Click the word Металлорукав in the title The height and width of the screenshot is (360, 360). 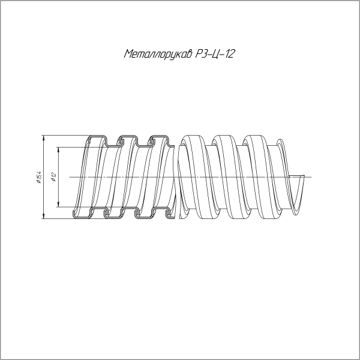pos(158,54)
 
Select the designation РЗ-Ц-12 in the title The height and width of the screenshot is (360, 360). pos(215,54)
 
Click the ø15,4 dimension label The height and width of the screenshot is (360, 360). pos(38,177)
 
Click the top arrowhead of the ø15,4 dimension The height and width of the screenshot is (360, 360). pos(44,138)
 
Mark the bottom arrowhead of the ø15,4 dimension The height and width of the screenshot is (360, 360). pos(44,216)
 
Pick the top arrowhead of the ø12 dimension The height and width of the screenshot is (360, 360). pos(59,149)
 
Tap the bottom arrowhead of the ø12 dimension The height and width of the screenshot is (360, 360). pos(59,205)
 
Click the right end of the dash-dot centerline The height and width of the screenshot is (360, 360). pos(311,177)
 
